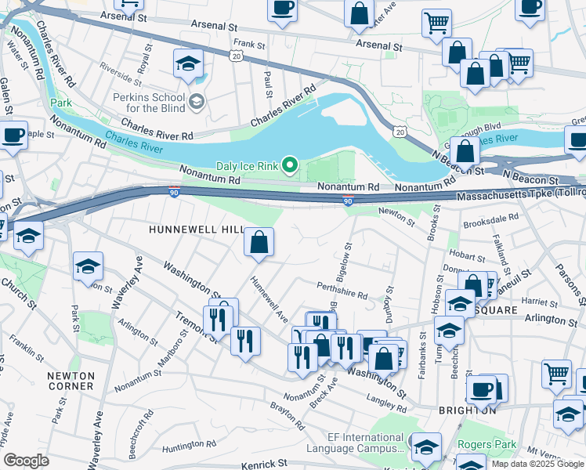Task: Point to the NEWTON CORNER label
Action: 71,381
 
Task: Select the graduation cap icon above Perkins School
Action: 188,64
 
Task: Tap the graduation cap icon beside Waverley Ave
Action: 88,267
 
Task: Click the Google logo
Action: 26,461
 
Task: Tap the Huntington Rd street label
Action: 190,445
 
